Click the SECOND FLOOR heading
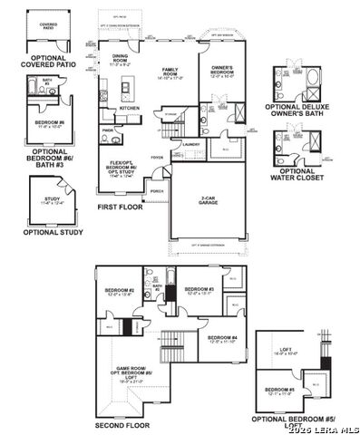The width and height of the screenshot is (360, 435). tap(123, 423)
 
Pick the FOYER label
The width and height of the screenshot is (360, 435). tap(157, 156)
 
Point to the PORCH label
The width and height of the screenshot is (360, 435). tap(157, 192)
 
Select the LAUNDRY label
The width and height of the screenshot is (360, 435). tap(190, 144)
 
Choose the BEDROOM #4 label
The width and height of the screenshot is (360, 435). tap(222, 338)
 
